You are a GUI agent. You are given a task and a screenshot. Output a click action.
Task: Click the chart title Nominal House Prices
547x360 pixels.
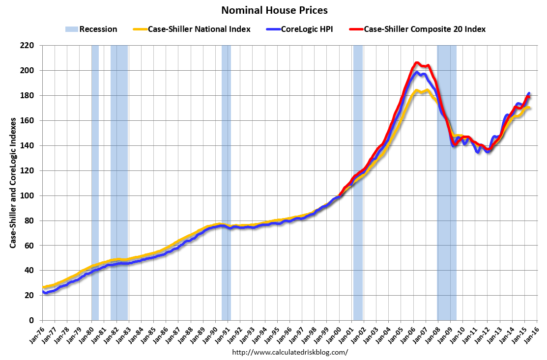point(274,10)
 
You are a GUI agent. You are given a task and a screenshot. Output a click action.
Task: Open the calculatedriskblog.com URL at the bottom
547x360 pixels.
point(289,352)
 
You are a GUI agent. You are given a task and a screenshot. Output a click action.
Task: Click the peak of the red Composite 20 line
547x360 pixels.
point(417,63)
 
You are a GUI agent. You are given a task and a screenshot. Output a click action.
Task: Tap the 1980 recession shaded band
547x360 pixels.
point(95,182)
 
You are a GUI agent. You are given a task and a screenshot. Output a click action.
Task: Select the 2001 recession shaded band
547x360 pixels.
point(358,182)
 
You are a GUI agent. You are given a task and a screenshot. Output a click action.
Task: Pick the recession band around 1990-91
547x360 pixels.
point(226,182)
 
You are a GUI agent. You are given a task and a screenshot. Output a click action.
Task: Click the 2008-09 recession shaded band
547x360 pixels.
point(447,182)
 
